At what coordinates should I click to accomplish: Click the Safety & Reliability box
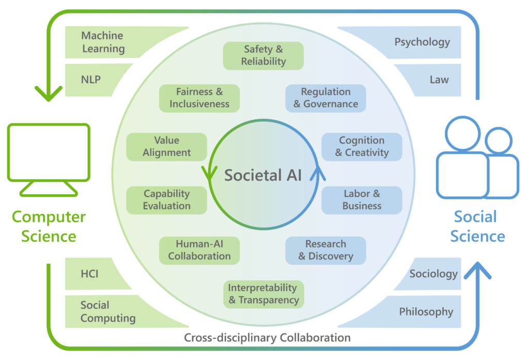click(x=263, y=55)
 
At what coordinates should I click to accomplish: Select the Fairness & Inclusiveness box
click(x=199, y=98)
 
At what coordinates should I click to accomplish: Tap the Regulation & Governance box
click(x=325, y=98)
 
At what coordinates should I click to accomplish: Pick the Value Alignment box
click(x=167, y=146)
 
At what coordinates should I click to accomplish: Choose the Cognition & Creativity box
click(x=362, y=146)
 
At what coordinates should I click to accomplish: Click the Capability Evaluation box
click(x=167, y=200)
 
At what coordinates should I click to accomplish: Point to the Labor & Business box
click(x=362, y=200)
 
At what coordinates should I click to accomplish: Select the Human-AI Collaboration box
click(x=199, y=250)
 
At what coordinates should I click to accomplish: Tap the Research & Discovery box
click(x=325, y=250)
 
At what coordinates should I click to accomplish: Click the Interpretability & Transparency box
click(x=263, y=294)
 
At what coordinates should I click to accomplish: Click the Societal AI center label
click(x=263, y=175)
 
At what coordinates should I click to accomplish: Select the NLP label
click(x=91, y=80)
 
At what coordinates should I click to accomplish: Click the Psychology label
click(x=422, y=42)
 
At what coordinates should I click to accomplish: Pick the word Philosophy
click(x=426, y=311)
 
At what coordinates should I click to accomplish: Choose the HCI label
click(x=89, y=274)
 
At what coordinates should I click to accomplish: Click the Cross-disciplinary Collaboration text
click(x=268, y=338)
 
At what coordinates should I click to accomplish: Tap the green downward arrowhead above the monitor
click(x=48, y=93)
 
